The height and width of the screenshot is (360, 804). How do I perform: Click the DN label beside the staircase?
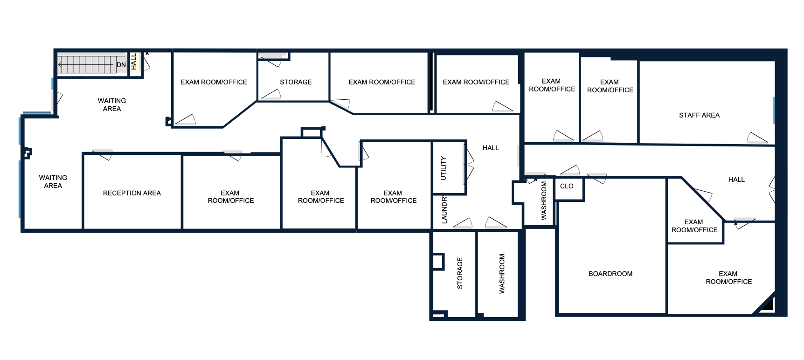coord(121,65)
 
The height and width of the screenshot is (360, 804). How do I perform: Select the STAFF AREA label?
coord(699,115)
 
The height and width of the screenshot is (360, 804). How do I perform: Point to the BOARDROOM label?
coord(610,274)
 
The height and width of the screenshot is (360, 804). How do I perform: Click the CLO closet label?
coord(567,186)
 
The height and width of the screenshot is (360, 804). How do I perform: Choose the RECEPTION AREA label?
coord(132,193)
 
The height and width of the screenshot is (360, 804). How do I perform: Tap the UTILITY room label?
coord(444,168)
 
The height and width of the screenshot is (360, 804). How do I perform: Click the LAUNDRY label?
coord(444,209)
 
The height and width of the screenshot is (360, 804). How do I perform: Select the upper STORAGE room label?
coord(296,82)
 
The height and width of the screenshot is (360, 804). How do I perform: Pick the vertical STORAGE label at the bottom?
coord(460,273)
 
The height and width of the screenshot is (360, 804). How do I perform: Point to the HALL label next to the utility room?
coord(491,148)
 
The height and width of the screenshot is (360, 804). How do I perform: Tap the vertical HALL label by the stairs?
coord(134,62)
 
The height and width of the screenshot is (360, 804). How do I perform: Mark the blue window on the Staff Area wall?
coord(774,110)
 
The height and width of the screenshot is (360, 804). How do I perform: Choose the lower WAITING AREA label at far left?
coord(53,181)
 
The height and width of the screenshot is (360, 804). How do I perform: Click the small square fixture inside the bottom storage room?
coord(437,262)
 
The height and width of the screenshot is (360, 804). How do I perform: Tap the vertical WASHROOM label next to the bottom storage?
coord(502,274)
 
